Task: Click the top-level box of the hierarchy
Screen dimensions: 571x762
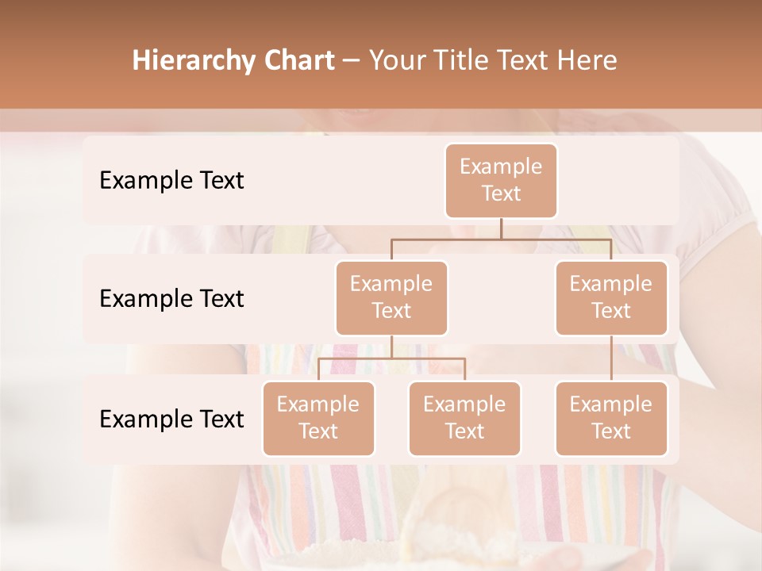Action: tap(501, 181)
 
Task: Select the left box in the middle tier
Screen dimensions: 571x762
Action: tap(391, 298)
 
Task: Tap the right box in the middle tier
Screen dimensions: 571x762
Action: tap(611, 298)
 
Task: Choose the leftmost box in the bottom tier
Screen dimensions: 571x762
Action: tap(318, 419)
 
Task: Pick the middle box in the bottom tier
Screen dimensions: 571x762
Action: tap(464, 419)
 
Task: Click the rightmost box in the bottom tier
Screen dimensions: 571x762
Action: tap(611, 419)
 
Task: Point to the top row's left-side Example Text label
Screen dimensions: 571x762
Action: tap(171, 181)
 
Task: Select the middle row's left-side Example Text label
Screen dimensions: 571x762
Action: tap(171, 299)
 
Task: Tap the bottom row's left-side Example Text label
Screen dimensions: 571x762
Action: tap(171, 420)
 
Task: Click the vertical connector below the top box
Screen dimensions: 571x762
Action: tap(501, 228)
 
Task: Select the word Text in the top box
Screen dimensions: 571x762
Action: tap(501, 194)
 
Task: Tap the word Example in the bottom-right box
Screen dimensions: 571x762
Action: tap(611, 404)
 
